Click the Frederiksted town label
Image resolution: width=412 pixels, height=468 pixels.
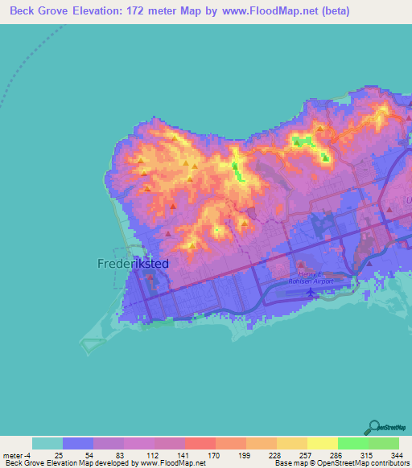tap(131, 263)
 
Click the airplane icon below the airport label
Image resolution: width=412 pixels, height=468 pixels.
tap(311, 293)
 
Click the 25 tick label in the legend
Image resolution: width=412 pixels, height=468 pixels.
tap(59, 454)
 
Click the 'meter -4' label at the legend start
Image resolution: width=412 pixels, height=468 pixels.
tap(15, 454)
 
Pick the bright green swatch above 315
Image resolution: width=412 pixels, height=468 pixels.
tap(352, 443)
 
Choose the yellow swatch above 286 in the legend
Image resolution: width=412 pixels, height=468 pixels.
tap(322, 443)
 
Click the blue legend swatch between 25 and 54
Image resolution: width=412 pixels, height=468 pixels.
tap(78, 443)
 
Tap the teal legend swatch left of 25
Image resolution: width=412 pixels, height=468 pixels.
tap(47, 443)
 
